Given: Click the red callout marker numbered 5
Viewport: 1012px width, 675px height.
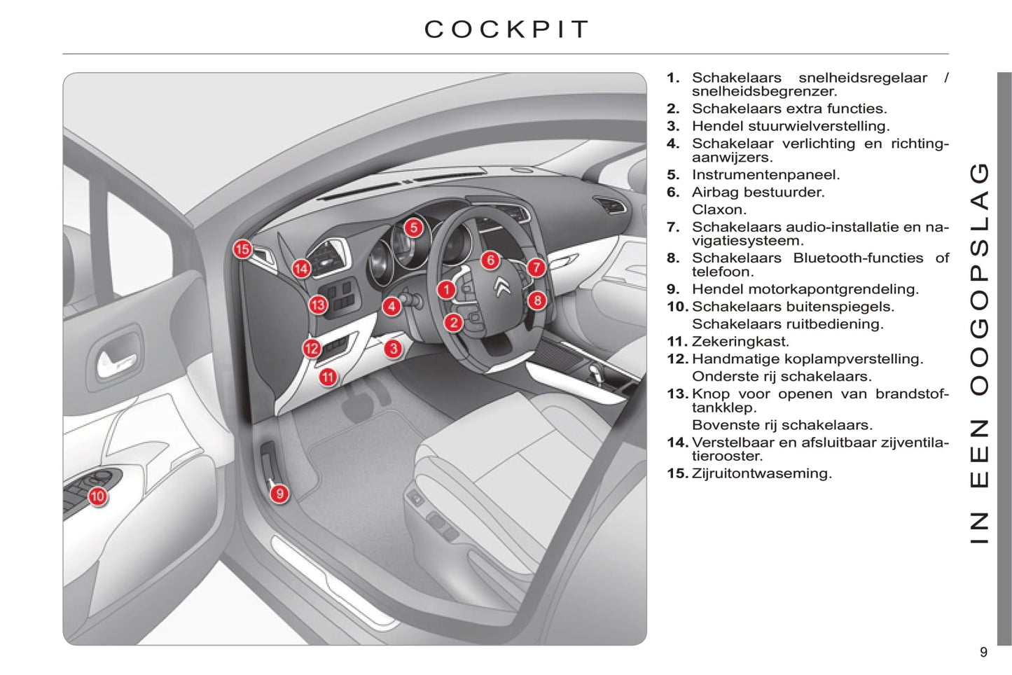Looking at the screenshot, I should [414, 228].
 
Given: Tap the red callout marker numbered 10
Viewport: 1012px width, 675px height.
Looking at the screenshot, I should [97, 496].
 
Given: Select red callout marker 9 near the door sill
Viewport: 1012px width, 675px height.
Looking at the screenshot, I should [279, 494].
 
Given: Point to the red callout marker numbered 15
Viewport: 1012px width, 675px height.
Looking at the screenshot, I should [242, 249].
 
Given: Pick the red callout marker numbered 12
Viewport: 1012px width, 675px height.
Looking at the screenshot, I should [312, 349].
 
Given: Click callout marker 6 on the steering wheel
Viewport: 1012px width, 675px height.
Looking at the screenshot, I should [490, 260].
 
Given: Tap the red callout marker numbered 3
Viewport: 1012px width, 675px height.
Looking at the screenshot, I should [394, 348].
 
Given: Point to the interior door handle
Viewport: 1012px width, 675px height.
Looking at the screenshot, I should [116, 359].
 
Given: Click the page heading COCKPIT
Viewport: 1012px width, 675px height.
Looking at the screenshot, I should [507, 29].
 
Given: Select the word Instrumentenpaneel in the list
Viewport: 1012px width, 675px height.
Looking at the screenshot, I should [765, 175].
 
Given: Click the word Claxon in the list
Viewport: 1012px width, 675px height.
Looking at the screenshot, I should [719, 209].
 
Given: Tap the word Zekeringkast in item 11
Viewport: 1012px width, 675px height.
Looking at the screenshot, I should [740, 342].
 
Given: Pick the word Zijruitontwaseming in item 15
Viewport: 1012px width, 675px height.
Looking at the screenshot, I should [761, 473].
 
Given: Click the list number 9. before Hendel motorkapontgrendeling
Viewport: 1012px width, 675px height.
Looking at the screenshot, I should [673, 289].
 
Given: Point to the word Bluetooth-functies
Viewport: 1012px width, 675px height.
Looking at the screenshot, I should [858, 258].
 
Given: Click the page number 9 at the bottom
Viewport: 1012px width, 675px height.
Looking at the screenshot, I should [983, 653].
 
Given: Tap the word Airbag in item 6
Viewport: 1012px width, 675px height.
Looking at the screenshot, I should [714, 192].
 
